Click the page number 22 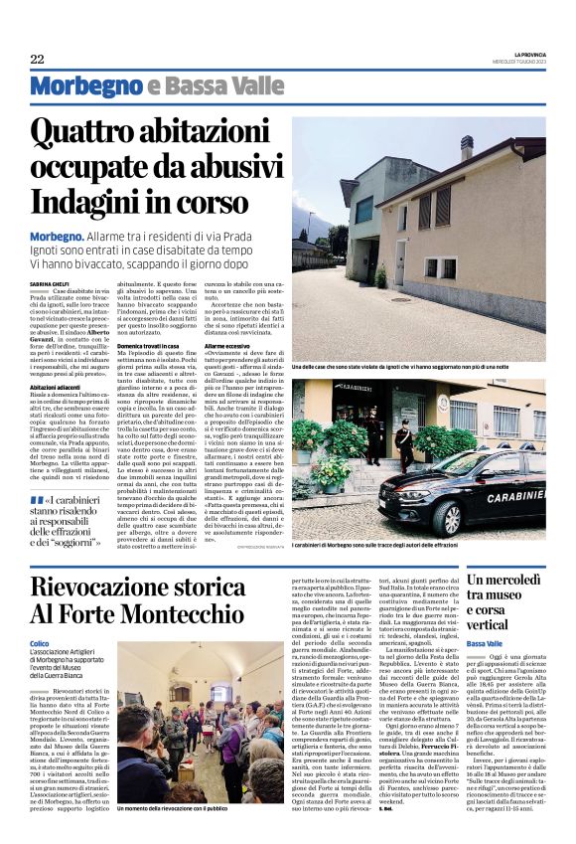point(37,59)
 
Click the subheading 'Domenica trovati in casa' point(152,345)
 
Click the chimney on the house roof point(467,148)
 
